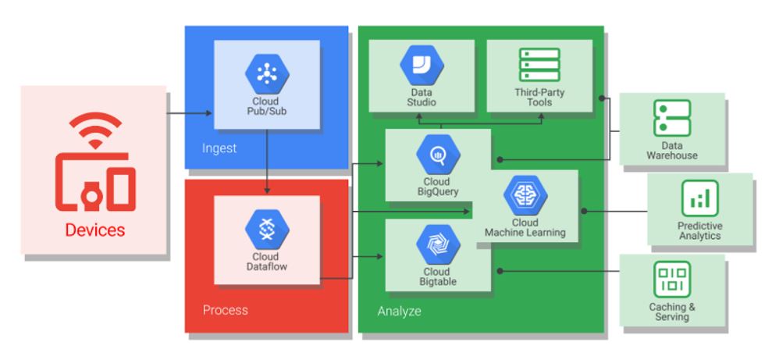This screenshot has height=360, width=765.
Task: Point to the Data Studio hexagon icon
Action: click(x=422, y=66)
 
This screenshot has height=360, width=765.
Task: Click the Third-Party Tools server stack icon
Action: click(x=539, y=66)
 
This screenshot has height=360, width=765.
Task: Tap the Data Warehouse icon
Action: click(x=671, y=119)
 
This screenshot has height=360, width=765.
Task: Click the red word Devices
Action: click(x=94, y=230)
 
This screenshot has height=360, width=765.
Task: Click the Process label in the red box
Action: click(x=226, y=310)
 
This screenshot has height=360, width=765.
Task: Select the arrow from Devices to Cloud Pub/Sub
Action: click(x=190, y=114)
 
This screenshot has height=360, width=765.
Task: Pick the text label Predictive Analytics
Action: click(x=699, y=230)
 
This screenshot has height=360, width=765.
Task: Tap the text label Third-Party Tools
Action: click(x=539, y=98)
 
